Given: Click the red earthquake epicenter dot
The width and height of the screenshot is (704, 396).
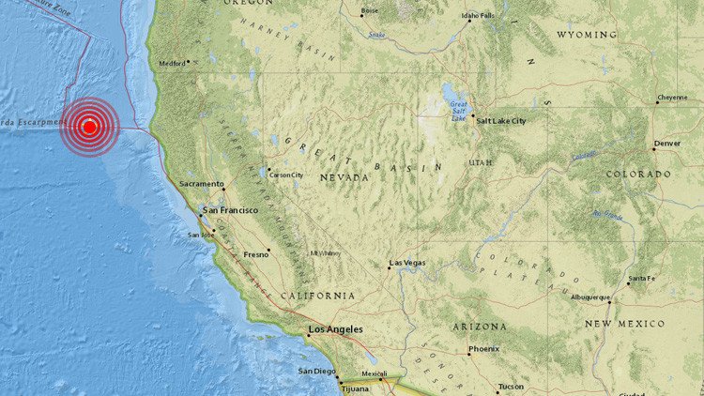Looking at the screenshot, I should (x=90, y=127).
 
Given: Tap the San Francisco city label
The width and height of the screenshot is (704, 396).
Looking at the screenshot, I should (x=229, y=210).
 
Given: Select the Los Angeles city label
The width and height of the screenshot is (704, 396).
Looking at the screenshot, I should (x=335, y=330).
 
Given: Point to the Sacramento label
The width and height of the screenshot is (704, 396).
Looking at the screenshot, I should (x=203, y=184).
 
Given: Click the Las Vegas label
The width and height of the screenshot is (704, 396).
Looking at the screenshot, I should (x=407, y=263).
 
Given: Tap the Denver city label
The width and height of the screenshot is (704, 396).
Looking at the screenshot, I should (x=667, y=144).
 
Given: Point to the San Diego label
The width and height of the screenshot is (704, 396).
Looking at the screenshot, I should (x=316, y=372).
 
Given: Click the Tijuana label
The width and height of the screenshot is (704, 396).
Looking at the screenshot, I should (x=353, y=388).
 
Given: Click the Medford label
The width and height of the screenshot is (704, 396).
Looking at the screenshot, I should (x=172, y=63).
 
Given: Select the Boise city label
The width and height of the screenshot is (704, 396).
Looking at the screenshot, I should (x=369, y=10).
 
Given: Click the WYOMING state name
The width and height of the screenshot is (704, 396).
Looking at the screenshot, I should (x=587, y=34).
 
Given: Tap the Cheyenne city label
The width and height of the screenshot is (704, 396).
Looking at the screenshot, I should (x=671, y=97).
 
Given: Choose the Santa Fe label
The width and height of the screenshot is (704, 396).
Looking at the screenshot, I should (x=642, y=279).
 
